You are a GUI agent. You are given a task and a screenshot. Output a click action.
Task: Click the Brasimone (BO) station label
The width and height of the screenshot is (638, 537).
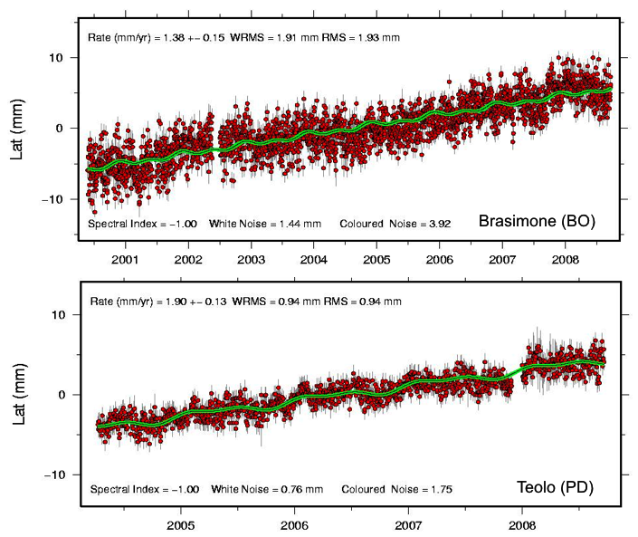click(x=536, y=221)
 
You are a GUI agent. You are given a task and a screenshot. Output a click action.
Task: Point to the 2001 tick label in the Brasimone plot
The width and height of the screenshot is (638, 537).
click(x=125, y=259)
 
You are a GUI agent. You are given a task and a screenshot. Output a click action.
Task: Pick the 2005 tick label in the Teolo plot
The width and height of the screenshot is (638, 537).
click(x=181, y=524)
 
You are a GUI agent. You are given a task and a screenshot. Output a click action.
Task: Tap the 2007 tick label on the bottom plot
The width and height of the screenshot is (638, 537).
click(x=408, y=524)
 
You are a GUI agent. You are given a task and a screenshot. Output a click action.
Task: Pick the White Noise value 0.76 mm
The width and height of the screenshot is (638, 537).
click(x=305, y=490)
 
